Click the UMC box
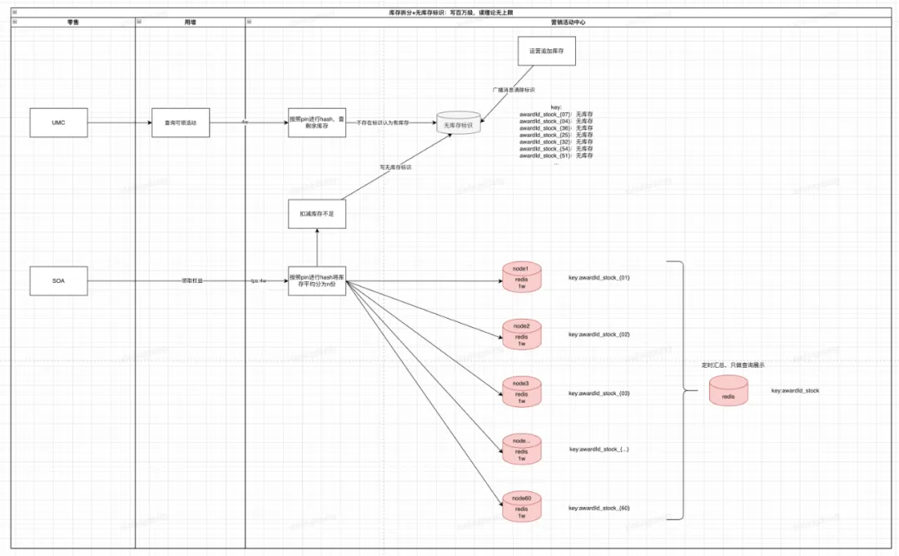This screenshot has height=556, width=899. pyautogui.click(x=58, y=122)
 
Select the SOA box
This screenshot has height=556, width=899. pyautogui.click(x=58, y=280)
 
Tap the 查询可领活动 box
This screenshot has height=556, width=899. pyautogui.click(x=181, y=122)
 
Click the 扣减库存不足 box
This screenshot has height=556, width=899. pyautogui.click(x=316, y=214)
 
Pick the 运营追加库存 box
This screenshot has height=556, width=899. pyautogui.click(x=546, y=51)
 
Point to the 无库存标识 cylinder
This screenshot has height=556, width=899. pyautogui.click(x=459, y=123)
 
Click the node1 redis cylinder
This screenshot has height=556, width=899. pyautogui.click(x=522, y=277)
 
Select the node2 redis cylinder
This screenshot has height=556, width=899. pyautogui.click(x=522, y=335)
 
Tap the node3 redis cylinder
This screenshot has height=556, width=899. pyautogui.click(x=522, y=392)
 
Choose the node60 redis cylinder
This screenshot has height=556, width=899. pyautogui.click(x=522, y=507)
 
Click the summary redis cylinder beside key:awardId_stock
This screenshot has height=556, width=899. pyautogui.click(x=728, y=391)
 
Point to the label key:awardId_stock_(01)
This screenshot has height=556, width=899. pyautogui.click(x=599, y=277)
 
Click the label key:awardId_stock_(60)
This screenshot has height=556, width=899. pyautogui.click(x=599, y=508)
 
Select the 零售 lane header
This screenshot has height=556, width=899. pyautogui.click(x=73, y=22)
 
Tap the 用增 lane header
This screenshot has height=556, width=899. pyautogui.click(x=190, y=22)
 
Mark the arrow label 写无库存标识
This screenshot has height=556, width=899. pyautogui.click(x=395, y=167)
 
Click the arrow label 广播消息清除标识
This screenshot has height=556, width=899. pyautogui.click(x=513, y=89)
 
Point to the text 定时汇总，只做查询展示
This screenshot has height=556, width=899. pyautogui.click(x=733, y=365)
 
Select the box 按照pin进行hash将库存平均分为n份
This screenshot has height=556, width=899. pyautogui.click(x=316, y=280)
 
